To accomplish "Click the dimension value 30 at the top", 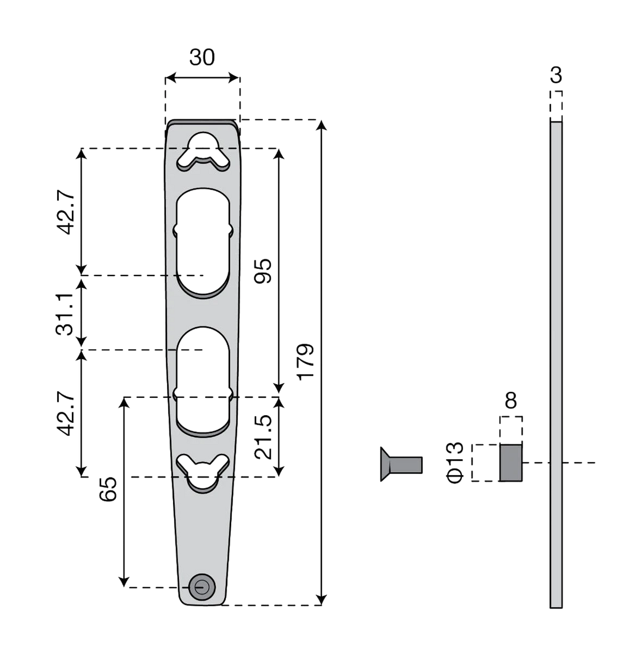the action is tap(202, 58).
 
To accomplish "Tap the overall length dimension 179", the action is tap(306, 362).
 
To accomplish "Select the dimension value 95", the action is tap(263, 271).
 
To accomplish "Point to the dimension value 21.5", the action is tap(263, 437).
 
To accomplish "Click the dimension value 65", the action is tap(108, 489).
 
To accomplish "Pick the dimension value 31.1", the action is tap(65, 314).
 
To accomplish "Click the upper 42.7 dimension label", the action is tap(66, 212).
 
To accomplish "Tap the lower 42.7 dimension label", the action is tap(66, 413).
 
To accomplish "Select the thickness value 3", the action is tap(556, 76).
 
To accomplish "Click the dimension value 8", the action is tap(511, 401).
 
